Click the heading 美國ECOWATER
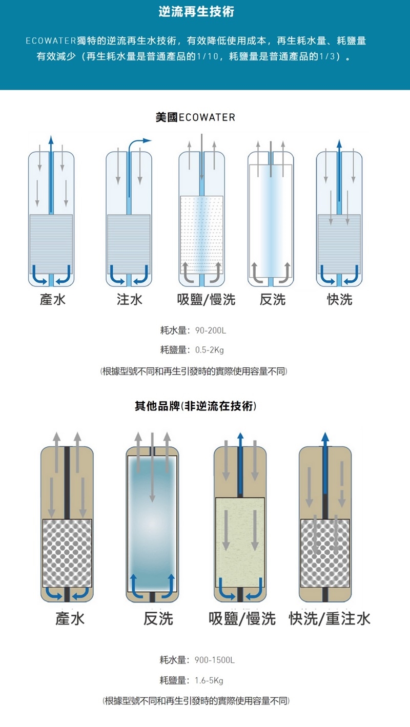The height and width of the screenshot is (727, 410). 195,117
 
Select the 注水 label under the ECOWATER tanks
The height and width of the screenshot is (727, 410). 130,300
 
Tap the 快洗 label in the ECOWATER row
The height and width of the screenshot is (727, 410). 340,300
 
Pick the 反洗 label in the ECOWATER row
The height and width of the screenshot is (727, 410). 272,300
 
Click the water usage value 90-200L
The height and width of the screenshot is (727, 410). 211,330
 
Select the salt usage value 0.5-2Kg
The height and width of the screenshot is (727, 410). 210,350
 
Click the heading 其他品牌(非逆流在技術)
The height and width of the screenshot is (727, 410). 195,407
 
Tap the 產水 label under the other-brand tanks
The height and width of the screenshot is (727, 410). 70,619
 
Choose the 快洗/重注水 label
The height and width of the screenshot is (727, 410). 330,619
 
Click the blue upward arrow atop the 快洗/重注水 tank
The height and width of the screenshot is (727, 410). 324,446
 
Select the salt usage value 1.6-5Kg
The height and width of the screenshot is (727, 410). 209,681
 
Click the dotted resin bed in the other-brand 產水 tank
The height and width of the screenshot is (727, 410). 67,553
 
